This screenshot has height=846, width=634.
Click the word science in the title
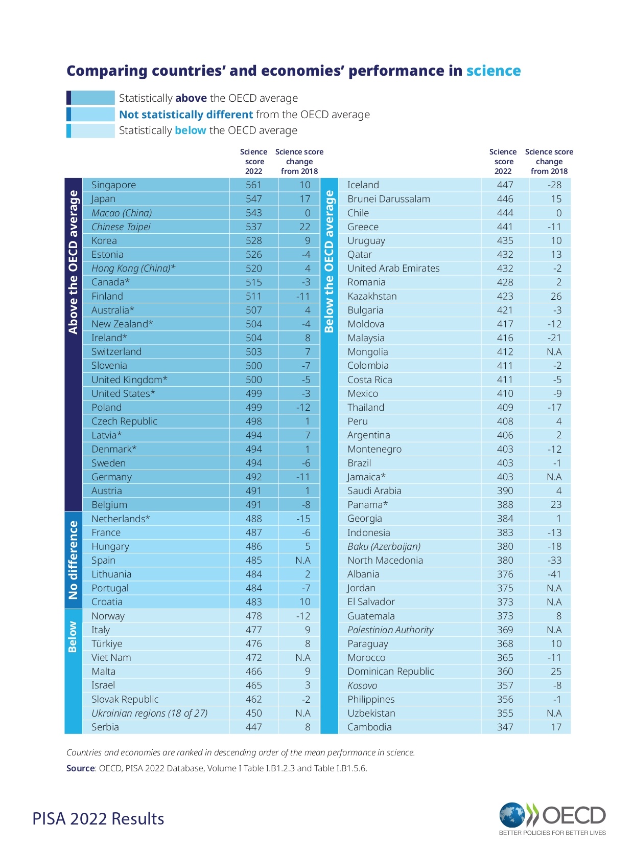coord(493,71)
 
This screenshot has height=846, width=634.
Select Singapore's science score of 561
coord(253,185)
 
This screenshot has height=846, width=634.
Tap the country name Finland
coord(107,296)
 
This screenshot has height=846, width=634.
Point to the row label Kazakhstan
coord(372,296)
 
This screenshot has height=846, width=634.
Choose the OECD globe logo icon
coord(512,815)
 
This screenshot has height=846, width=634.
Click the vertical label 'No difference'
coord(73,560)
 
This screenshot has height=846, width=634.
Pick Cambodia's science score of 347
coord(505,727)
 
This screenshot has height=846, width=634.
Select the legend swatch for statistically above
coord(90,98)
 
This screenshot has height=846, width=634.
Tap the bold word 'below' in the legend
coord(190,130)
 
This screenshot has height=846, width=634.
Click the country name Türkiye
coord(107,643)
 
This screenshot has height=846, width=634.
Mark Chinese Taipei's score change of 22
coord(304,227)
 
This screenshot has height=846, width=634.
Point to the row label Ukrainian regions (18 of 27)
coord(149,713)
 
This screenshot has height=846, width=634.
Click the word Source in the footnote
coord(81,768)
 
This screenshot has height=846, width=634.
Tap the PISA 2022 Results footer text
coord(98,818)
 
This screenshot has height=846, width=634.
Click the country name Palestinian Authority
coord(390,630)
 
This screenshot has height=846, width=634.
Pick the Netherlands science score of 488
coord(253,519)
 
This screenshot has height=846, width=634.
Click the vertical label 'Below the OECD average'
coord(329,261)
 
